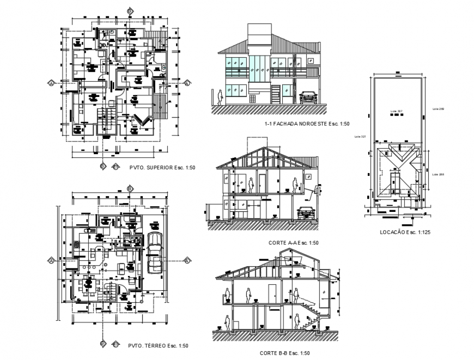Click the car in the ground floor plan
click(x=154, y=252)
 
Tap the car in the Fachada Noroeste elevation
click(x=308, y=97)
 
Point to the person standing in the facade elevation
click(x=220, y=97)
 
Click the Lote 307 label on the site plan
click(x=396, y=111)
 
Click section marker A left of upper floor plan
click(x=51, y=83)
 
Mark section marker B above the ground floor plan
click(x=129, y=188)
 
